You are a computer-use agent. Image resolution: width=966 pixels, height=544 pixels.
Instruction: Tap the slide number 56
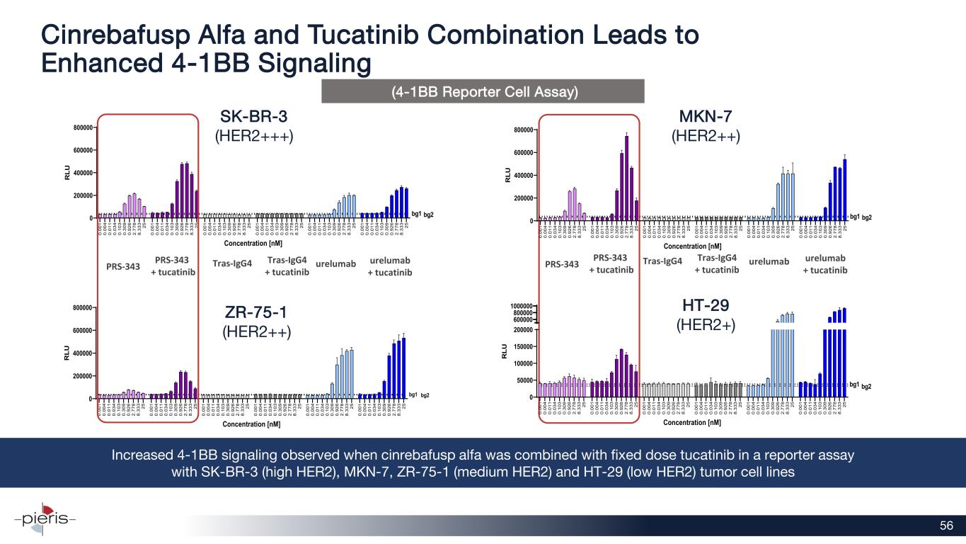946,525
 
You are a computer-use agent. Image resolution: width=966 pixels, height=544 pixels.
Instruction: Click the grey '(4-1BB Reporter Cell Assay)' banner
483,91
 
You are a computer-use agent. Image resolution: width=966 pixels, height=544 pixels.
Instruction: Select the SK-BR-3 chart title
254,115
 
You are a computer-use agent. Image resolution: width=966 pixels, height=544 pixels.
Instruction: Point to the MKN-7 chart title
705,115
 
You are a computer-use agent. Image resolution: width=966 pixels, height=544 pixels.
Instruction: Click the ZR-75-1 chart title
257,312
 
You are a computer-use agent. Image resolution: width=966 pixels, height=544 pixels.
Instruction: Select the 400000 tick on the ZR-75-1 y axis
81,353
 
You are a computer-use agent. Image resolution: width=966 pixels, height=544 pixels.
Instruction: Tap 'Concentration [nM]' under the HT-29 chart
693,422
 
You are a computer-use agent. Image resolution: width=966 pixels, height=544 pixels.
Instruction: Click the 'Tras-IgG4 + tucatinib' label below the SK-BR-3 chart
287,266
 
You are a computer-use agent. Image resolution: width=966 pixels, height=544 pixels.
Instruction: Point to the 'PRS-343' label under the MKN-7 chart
563,264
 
